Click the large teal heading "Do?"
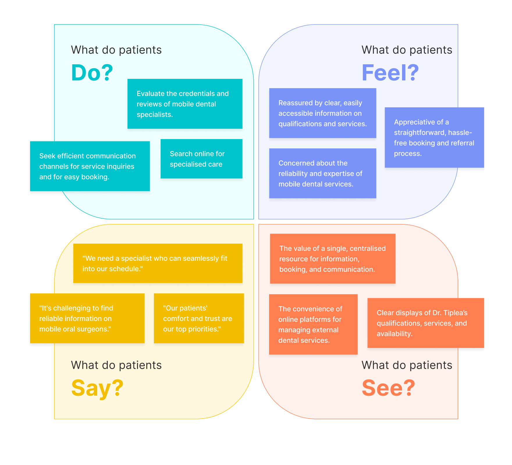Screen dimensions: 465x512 (x=92, y=73)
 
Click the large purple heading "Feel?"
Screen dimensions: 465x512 (x=390, y=73)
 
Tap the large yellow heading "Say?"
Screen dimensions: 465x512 (x=97, y=388)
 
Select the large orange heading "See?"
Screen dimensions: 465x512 (x=388, y=388)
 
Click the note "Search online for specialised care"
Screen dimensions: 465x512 (x=201, y=159)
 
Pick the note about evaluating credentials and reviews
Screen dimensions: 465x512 (x=185, y=104)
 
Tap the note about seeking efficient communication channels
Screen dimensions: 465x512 (x=90, y=166)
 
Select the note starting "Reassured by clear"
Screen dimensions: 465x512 (x=322, y=113)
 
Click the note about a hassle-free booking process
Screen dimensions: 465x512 (x=434, y=138)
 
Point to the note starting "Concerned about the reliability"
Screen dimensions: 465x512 (x=322, y=173)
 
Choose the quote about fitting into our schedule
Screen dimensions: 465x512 (x=158, y=263)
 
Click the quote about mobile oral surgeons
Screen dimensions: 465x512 (x=87, y=318)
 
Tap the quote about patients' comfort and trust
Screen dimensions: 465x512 (x=199, y=318)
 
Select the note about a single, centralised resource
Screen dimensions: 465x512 (x=333, y=259)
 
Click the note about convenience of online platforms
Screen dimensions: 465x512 (x=313, y=324)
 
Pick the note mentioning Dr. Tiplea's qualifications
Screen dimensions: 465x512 (x=426, y=323)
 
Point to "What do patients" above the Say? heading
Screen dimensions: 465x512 (x=116, y=365)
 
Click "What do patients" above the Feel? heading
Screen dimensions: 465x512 (x=407, y=50)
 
